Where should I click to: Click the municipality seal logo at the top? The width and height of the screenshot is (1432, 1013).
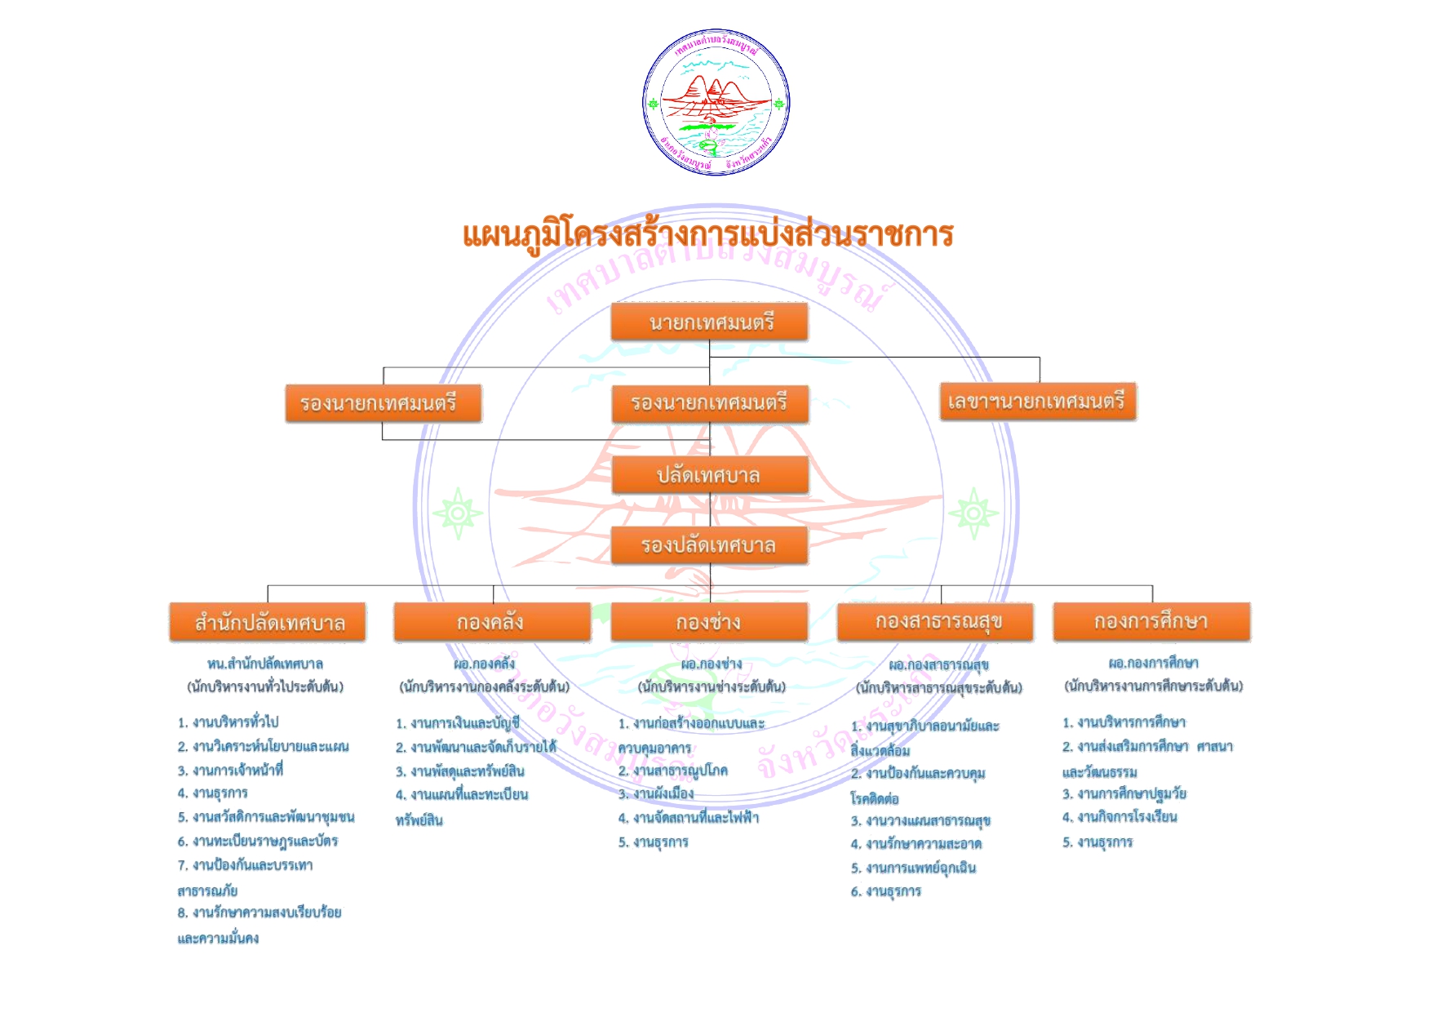click(x=716, y=102)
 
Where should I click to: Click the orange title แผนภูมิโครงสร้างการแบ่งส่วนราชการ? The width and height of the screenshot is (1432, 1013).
click(x=707, y=235)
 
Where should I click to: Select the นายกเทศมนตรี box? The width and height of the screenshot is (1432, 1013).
click(x=710, y=322)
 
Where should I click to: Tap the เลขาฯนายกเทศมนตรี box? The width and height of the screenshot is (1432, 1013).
click(x=1037, y=402)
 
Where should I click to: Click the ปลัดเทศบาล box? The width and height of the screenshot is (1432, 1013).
click(x=710, y=475)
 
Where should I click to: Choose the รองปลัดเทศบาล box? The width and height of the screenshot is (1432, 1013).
click(x=710, y=545)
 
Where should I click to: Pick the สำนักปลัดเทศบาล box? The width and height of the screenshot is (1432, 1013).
click(x=268, y=623)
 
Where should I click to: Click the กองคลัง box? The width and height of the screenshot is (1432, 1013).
click(x=492, y=622)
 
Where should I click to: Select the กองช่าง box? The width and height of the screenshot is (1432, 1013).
click(x=709, y=622)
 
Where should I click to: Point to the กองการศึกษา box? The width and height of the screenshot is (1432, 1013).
click(x=1151, y=622)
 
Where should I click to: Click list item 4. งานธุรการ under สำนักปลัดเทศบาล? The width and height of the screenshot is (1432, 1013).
click(x=213, y=793)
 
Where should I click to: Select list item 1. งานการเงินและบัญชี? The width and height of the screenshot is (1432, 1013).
click(x=458, y=723)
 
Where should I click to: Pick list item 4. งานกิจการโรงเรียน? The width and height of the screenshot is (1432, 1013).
click(x=1119, y=817)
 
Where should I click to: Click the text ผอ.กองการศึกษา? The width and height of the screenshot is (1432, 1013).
click(x=1153, y=664)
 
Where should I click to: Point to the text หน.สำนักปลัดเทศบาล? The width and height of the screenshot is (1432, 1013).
click(x=265, y=664)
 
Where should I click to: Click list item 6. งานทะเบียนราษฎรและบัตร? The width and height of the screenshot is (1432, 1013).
click(x=258, y=841)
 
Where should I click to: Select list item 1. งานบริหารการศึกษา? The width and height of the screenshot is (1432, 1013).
click(x=1124, y=722)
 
